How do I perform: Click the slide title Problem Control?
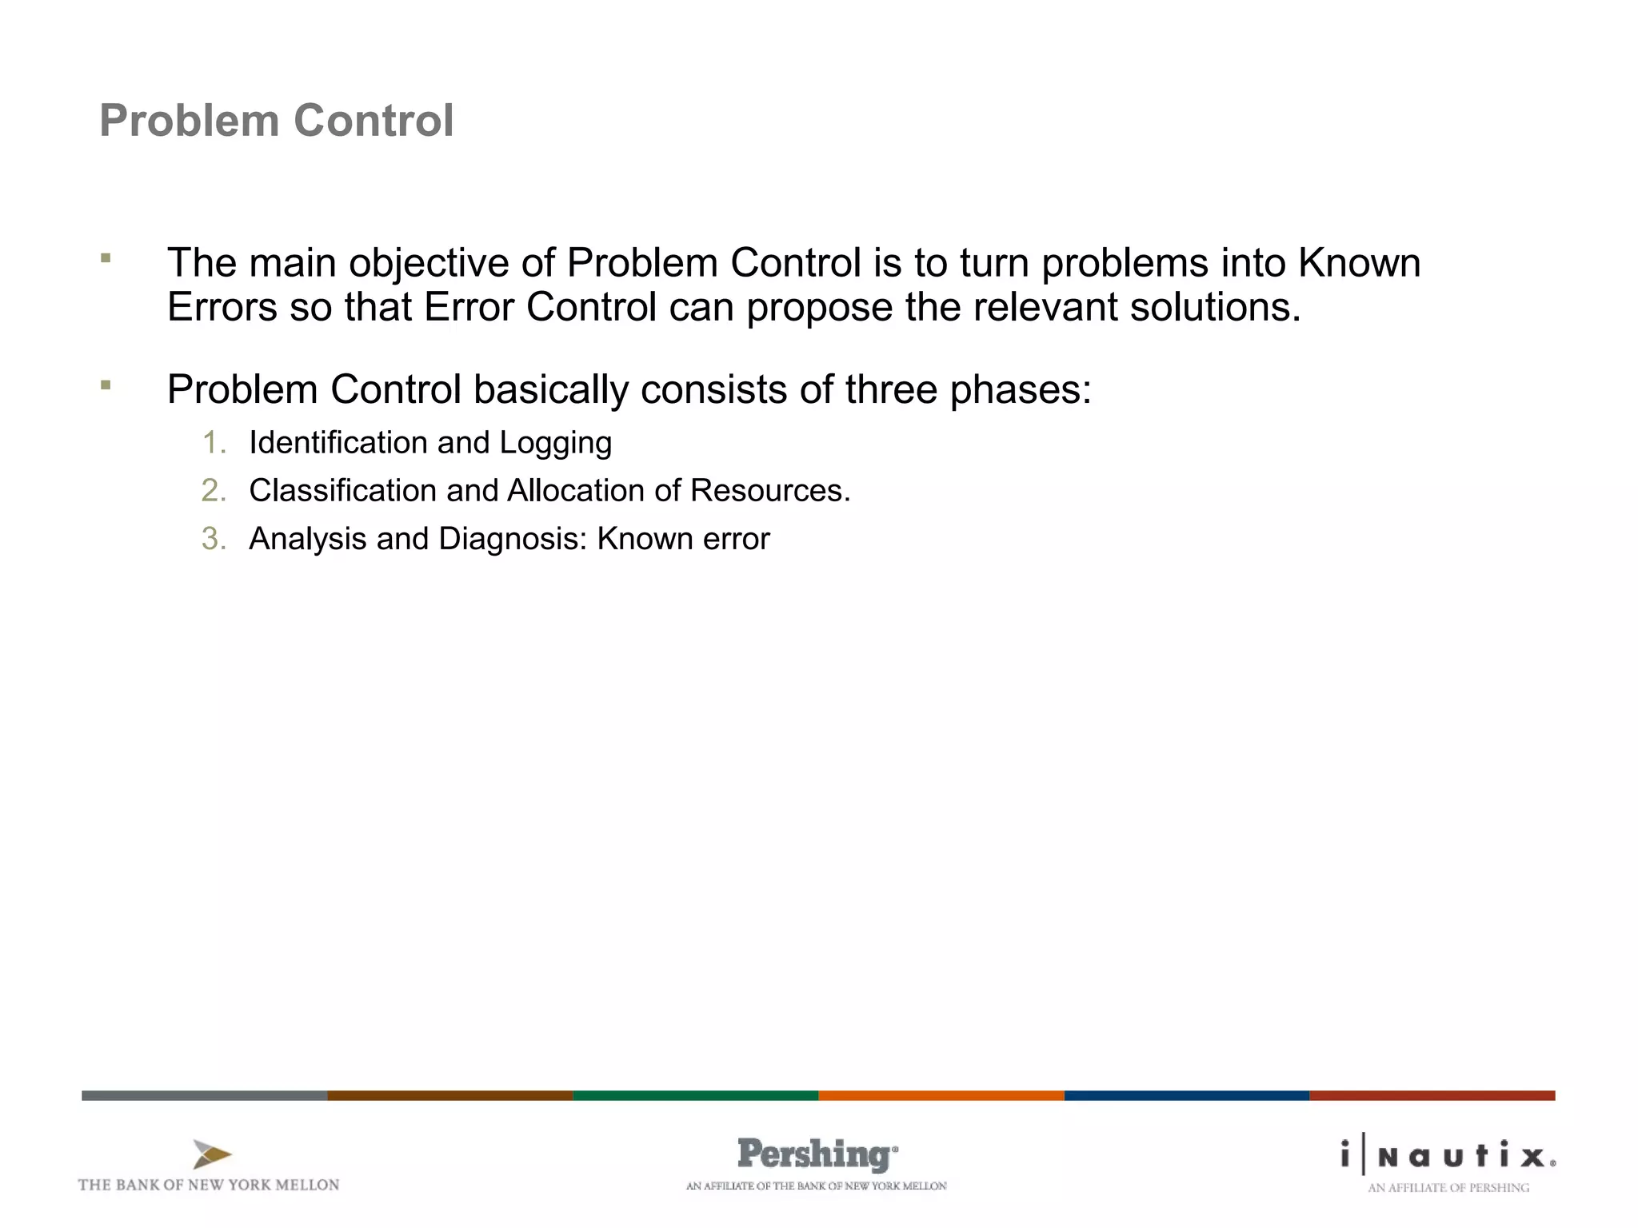pyautogui.click(x=276, y=121)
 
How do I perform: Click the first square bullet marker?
pyautogui.click(x=106, y=258)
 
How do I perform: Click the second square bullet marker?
pyautogui.click(x=106, y=385)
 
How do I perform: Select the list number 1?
pyautogui.click(x=214, y=443)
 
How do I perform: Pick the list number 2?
pyautogui.click(x=214, y=491)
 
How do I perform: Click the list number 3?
pyautogui.click(x=214, y=539)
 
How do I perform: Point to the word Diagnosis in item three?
pyautogui.click(x=513, y=539)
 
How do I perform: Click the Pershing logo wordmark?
pyautogui.click(x=816, y=1154)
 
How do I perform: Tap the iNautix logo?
pyautogui.click(x=1448, y=1155)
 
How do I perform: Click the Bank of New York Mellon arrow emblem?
pyautogui.click(x=212, y=1154)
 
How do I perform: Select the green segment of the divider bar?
pyautogui.click(x=695, y=1095)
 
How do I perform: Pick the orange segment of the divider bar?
pyautogui.click(x=941, y=1095)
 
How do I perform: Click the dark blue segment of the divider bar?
pyautogui.click(x=1186, y=1095)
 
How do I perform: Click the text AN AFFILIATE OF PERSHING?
pyautogui.click(x=1448, y=1188)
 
